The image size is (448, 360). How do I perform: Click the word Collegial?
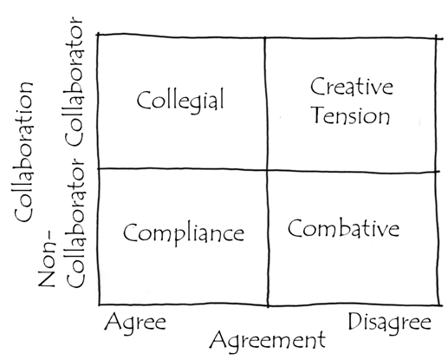tap(180, 100)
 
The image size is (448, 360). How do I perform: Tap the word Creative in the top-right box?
tap(352, 87)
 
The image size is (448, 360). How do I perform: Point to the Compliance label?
tap(184, 233)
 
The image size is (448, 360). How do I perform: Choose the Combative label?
tap(343, 228)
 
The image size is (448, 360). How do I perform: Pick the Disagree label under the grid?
tap(390, 323)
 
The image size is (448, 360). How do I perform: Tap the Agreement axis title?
tap(268, 341)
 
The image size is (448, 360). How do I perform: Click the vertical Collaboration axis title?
tap(23, 152)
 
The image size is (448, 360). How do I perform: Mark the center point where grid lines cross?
tap(267, 170)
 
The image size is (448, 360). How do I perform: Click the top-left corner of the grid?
tap(99, 35)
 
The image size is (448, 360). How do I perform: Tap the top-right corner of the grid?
tap(436, 38)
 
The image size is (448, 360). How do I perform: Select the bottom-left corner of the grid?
tap(100, 304)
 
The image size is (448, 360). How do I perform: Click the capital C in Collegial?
tap(144, 100)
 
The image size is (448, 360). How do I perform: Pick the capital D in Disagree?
tap(355, 321)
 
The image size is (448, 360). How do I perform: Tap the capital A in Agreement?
tap(218, 339)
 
